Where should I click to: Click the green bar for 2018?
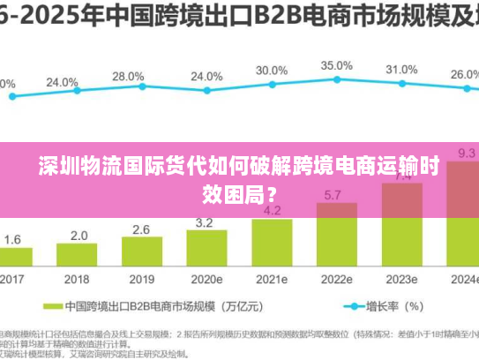(79, 257)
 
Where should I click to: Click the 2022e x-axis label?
(335, 280)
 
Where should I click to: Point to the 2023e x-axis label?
(401, 280)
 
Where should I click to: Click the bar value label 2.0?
(79, 236)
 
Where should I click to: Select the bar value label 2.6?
(141, 229)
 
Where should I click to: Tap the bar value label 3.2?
(206, 222)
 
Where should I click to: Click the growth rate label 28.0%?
(129, 76)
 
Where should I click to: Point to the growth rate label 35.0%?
(336, 65)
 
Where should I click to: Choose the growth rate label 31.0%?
(401, 69)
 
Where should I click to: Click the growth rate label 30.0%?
(272, 70)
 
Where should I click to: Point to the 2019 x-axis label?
(141, 280)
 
